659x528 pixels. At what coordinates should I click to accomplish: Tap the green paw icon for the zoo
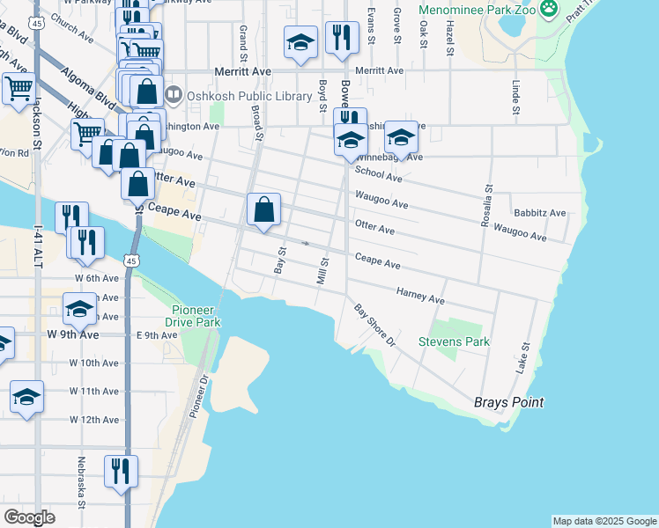(x=549, y=9)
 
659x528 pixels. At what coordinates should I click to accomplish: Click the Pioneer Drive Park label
(x=196, y=316)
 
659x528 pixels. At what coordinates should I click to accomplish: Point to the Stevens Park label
(x=453, y=341)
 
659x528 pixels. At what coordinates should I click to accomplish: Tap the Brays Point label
(x=508, y=402)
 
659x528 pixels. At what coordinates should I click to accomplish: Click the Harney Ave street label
(x=420, y=299)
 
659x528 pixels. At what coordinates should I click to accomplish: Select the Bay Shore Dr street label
(x=375, y=325)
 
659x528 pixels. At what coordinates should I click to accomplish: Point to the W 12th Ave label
(x=95, y=420)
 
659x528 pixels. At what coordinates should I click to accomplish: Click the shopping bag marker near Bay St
(x=263, y=210)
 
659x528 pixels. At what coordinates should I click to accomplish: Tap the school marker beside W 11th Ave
(x=26, y=397)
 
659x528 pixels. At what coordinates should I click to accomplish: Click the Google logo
(x=29, y=517)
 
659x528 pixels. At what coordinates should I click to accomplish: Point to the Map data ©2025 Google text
(x=604, y=521)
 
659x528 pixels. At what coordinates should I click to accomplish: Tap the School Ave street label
(x=378, y=177)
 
